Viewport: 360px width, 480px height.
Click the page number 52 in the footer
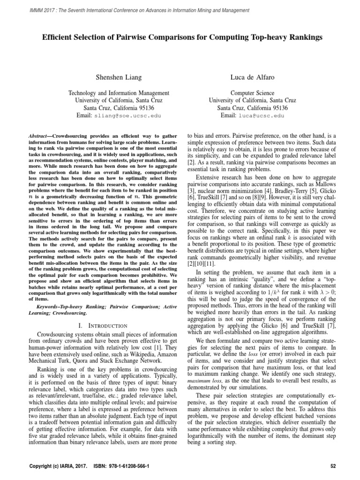coord(334,467)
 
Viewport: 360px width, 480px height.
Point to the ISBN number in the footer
coord(123,467)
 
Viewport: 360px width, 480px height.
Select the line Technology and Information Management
coord(112,93)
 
